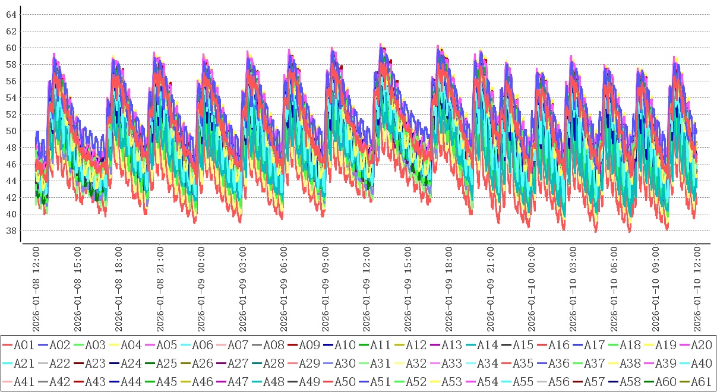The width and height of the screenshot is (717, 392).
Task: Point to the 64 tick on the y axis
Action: [x=11, y=14]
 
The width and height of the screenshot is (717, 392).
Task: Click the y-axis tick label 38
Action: [x=11, y=230]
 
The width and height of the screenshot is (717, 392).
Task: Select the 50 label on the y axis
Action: [x=11, y=131]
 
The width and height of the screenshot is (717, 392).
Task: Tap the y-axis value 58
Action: [x=11, y=64]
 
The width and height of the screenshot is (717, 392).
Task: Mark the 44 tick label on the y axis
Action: [x=11, y=181]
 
